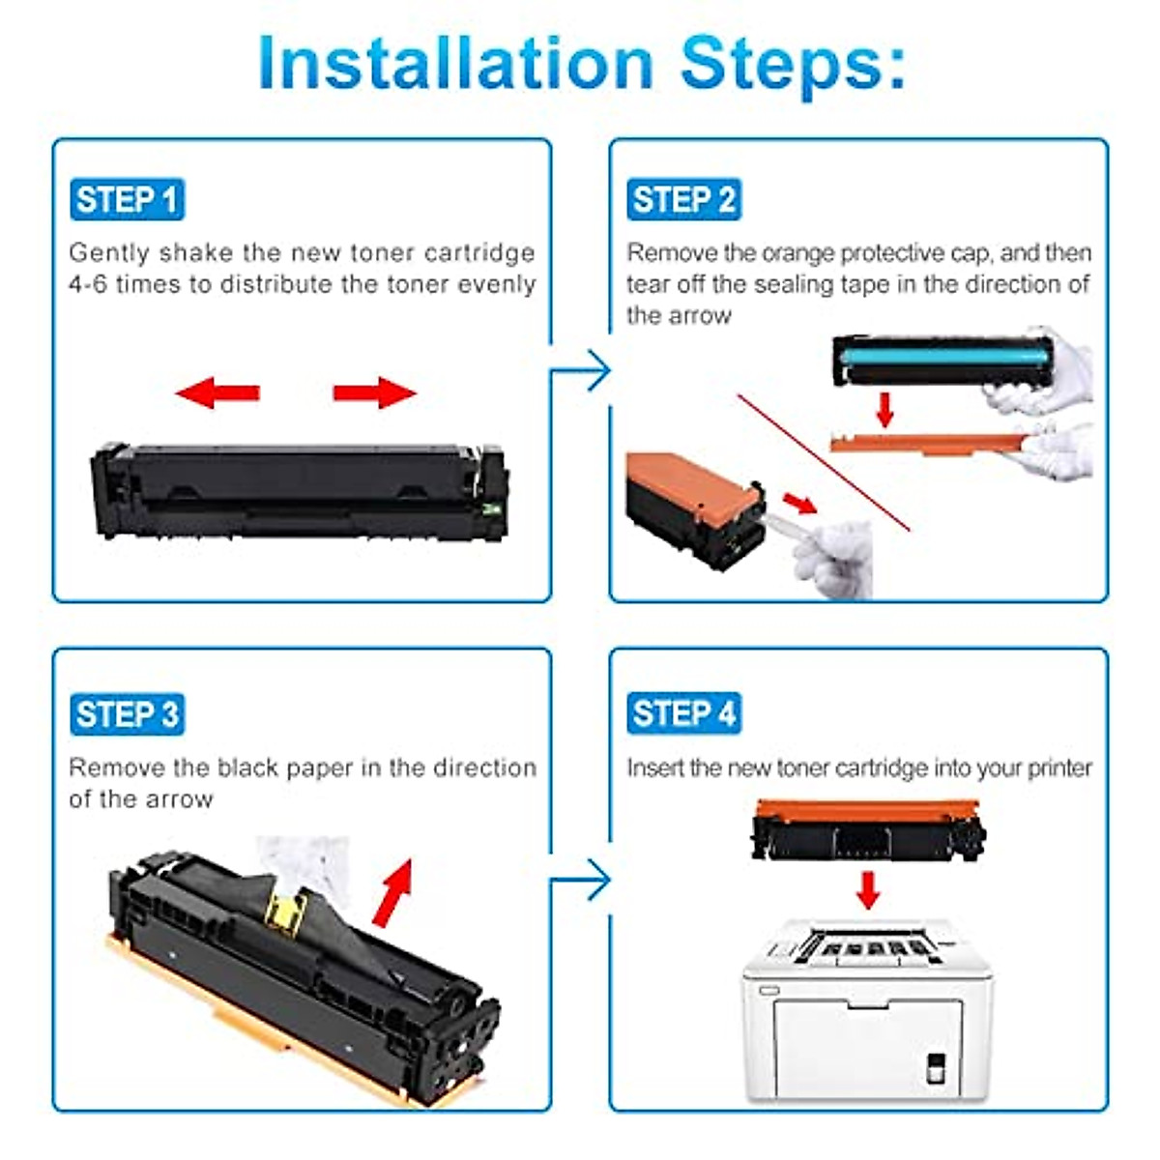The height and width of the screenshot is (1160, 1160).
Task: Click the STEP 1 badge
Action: pos(127,200)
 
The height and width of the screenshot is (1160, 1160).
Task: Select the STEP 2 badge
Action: pos(683,200)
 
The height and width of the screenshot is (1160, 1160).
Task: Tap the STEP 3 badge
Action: pos(127,714)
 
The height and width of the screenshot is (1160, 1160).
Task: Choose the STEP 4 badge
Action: pos(683,714)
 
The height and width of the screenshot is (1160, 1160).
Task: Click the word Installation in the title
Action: pos(455,64)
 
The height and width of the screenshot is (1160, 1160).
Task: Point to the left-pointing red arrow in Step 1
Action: pos(217,392)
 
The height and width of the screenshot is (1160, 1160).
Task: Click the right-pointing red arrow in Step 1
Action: pos(375,392)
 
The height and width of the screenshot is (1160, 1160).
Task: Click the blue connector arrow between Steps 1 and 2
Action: pos(587,371)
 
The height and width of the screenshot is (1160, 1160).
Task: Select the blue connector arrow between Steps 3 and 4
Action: pos(587,881)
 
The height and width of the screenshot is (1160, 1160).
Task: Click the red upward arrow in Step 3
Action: pos(393,891)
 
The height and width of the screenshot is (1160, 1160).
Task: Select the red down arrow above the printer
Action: pos(868,889)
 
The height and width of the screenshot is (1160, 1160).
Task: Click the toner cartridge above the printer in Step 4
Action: pos(867,829)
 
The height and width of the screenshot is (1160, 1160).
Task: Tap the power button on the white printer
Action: pos(935,1067)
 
